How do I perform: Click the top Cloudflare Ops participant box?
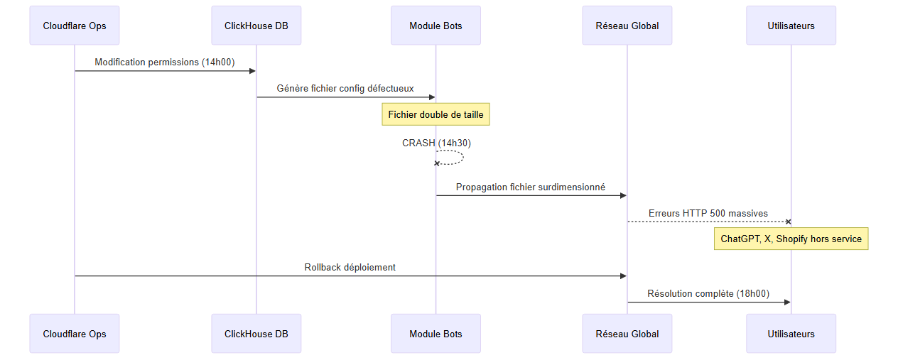tap(75, 26)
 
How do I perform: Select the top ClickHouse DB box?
tap(256, 26)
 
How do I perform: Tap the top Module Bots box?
tap(436, 26)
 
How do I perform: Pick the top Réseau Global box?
tap(627, 26)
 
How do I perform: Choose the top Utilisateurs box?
tap(791, 26)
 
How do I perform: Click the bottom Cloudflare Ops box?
tap(75, 334)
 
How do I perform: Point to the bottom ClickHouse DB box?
tap(256, 334)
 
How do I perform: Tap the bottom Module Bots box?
tap(436, 334)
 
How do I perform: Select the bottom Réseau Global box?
tap(627, 334)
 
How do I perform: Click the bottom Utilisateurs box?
tap(791, 334)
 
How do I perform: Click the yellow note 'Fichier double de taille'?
tap(436, 114)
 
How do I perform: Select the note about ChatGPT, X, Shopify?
tap(791, 239)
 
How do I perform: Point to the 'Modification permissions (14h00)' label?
tap(165, 62)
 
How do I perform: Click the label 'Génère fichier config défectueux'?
tap(345, 88)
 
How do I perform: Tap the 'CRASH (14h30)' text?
tap(436, 143)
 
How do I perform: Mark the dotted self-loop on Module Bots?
tap(463, 157)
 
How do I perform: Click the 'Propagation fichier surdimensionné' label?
tap(531, 187)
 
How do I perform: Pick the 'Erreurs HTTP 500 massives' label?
tap(708, 213)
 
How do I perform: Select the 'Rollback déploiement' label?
tap(350, 267)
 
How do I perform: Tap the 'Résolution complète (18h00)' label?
tap(708, 293)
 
